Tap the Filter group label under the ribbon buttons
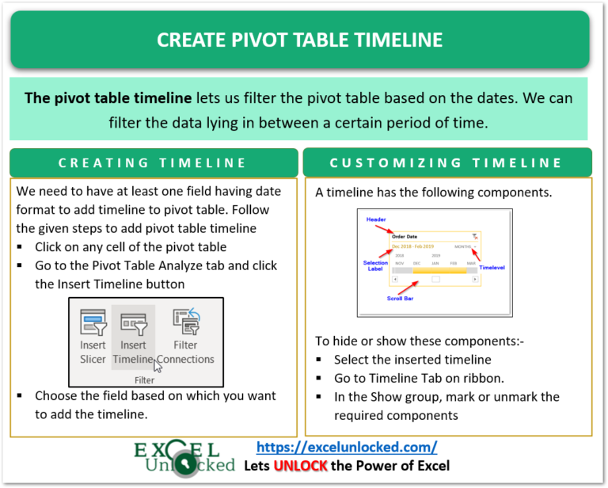(x=144, y=380)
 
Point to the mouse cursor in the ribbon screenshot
(x=158, y=364)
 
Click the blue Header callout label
(x=376, y=219)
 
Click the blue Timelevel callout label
(x=492, y=268)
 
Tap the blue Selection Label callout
(x=375, y=265)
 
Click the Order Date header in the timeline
(x=405, y=235)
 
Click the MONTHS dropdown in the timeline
(x=465, y=246)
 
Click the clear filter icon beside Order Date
(x=474, y=235)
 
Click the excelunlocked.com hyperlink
(x=348, y=447)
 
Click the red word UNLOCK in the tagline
(x=300, y=466)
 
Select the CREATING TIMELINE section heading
(x=153, y=162)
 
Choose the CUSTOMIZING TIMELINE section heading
(x=446, y=162)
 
